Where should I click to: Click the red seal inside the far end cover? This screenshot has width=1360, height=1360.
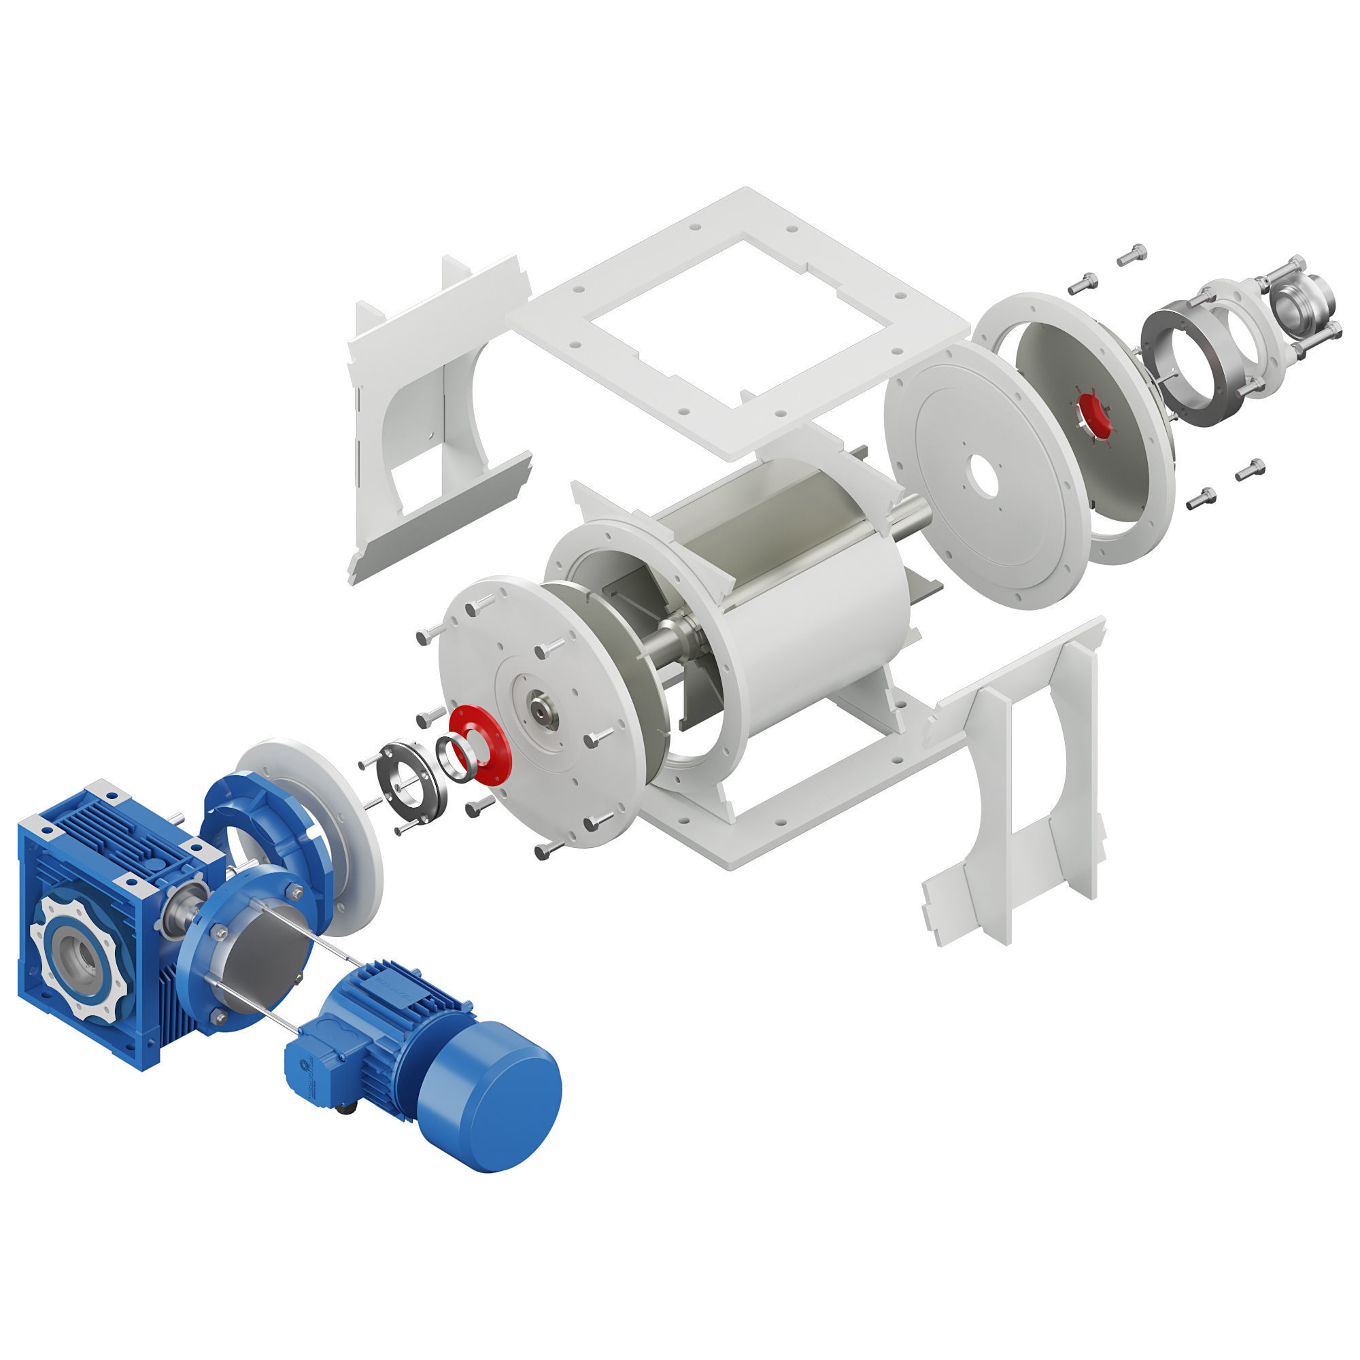[x=1093, y=415]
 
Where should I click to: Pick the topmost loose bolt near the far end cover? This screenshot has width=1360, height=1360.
[x=1132, y=254]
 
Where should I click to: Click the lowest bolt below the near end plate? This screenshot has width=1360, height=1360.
[x=547, y=851]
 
